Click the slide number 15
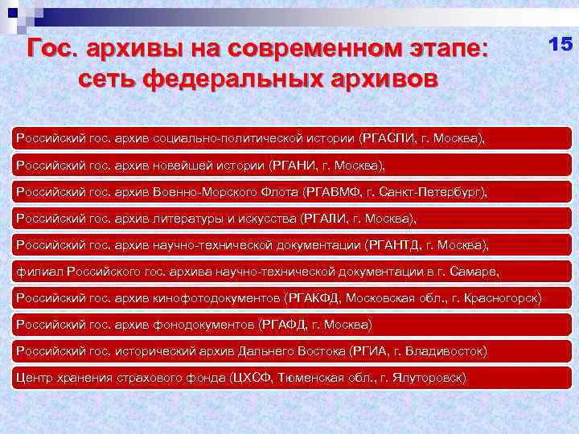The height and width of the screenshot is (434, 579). coord(560,44)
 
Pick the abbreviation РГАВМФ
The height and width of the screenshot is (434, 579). coord(332,193)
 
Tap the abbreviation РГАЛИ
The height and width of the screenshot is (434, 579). coord(324,219)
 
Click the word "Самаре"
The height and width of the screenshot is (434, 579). coord(477,272)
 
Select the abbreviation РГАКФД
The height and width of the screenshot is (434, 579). coord(314,298)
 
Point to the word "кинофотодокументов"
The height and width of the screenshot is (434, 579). coord(217,298)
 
